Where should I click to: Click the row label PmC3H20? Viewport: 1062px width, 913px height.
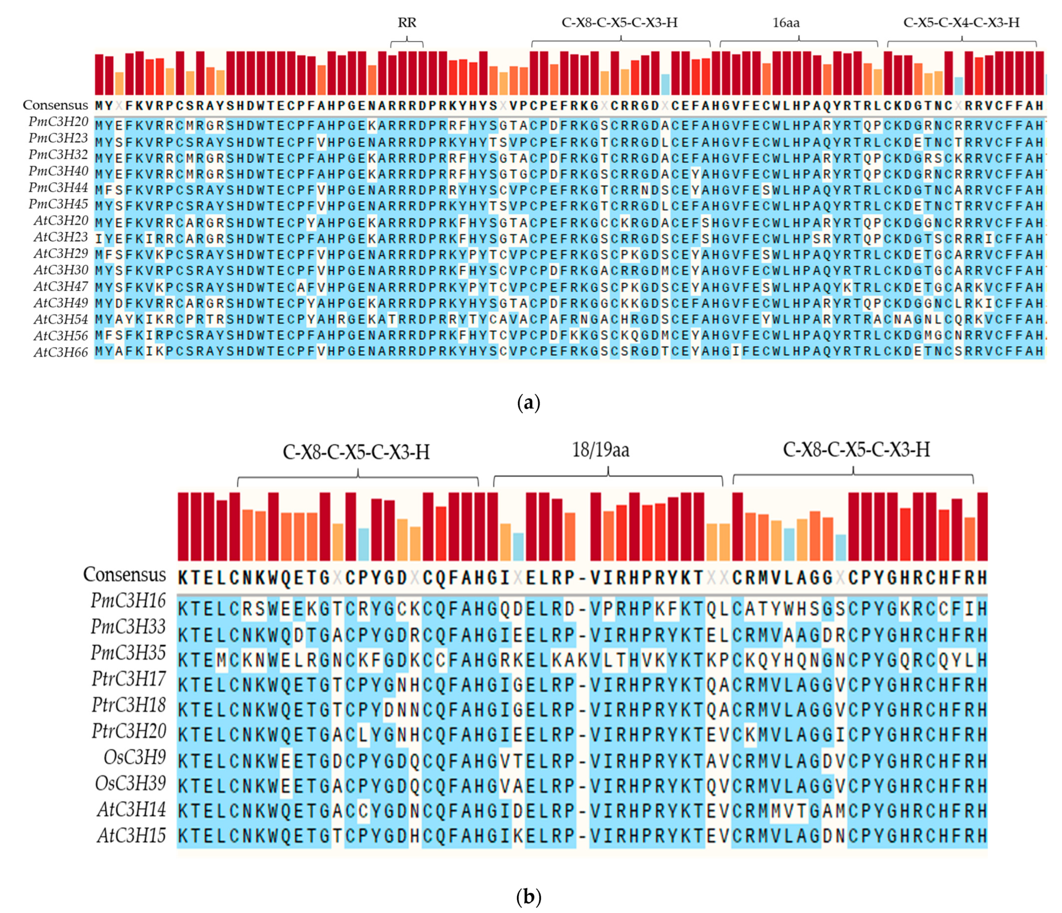point(58,122)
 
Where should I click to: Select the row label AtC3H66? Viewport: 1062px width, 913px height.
point(61,352)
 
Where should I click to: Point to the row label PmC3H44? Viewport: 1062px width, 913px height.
point(58,188)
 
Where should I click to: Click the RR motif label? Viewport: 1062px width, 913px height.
point(407,22)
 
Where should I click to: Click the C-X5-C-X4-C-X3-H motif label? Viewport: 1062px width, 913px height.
point(961,22)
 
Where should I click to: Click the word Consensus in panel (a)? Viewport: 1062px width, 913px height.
point(55,105)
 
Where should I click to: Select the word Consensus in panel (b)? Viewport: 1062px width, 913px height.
point(124,575)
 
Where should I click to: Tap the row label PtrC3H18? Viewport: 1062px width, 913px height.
point(129,705)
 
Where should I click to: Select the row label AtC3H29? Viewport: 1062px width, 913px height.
point(61,254)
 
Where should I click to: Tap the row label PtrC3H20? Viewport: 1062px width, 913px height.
point(129,731)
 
